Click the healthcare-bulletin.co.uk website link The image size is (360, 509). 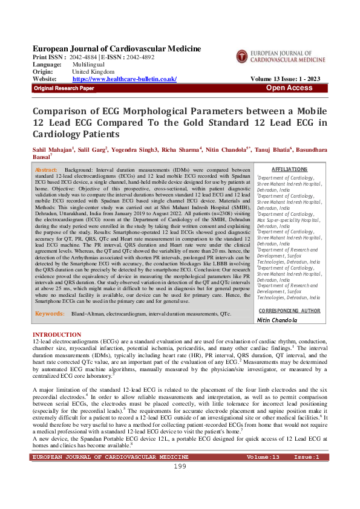pos(124,79)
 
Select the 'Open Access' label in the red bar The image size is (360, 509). pos(289,88)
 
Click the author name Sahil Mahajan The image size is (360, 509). pos(53,149)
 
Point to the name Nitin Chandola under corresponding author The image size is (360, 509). pos(278,320)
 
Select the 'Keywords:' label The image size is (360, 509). pos(50,314)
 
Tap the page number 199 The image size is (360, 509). pos(180,484)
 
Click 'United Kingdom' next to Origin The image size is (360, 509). pos(94,71)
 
